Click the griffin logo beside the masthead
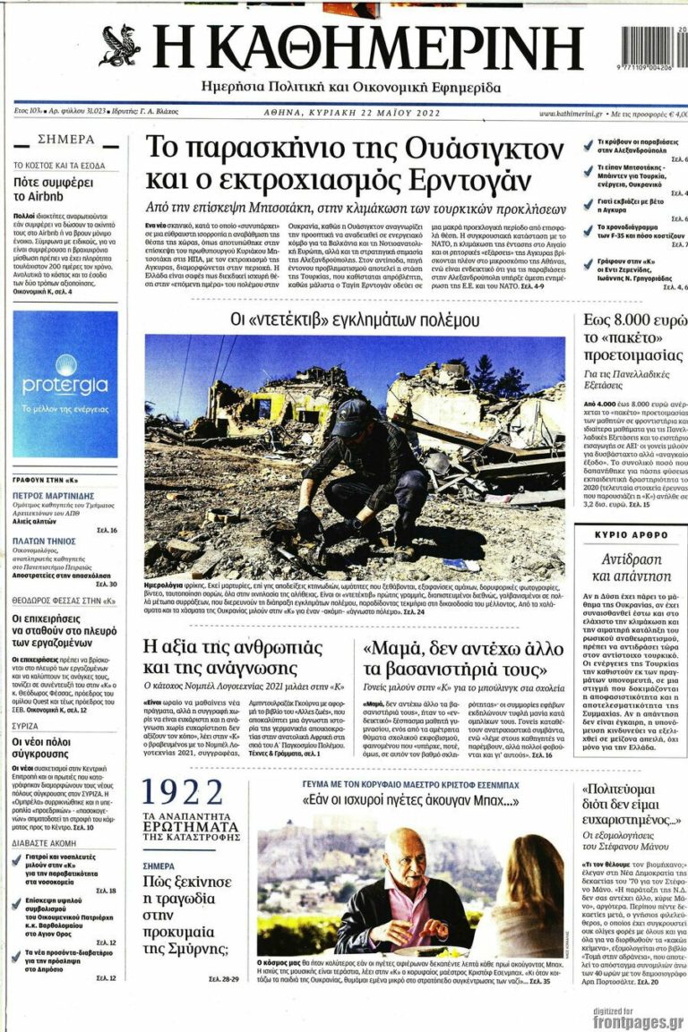tap(120, 47)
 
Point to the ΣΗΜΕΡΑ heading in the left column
tap(65, 140)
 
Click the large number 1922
tap(184, 794)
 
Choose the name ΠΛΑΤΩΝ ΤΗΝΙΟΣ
tap(44, 542)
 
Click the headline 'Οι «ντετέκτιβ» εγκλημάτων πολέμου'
tap(355, 320)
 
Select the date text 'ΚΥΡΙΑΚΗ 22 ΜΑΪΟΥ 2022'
tap(377, 114)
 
